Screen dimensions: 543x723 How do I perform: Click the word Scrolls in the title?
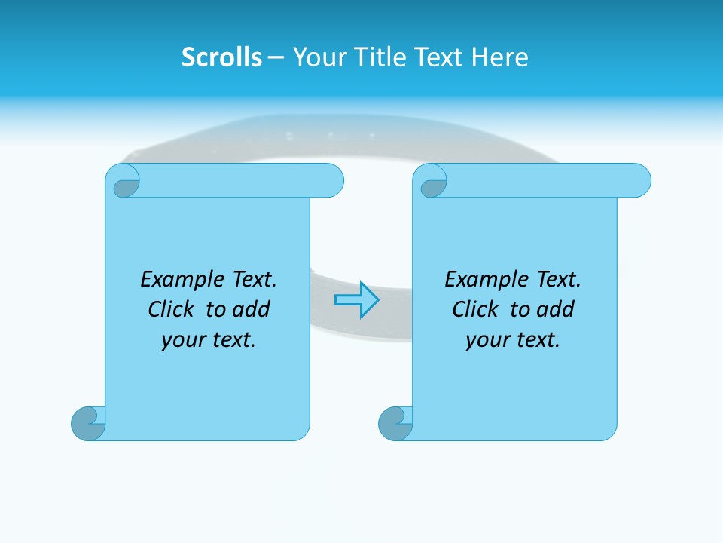221,57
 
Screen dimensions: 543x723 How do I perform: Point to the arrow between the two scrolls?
356,300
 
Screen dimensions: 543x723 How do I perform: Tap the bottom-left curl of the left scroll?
88,424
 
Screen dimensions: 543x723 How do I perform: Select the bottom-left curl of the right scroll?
395,424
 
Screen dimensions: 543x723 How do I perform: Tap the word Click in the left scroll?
170,309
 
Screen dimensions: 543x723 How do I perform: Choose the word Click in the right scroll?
474,309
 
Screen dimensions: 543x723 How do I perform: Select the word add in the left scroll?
250,309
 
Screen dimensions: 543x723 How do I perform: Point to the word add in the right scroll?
554,309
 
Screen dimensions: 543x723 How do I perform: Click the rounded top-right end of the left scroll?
331,181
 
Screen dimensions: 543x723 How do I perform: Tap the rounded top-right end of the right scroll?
639,181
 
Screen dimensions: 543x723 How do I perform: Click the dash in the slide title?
275,58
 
